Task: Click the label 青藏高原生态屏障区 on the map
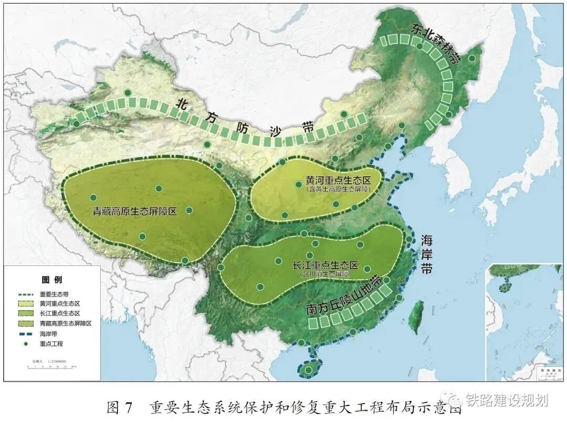(134, 212)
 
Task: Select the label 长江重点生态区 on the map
(325, 265)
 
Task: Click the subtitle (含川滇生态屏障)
(325, 274)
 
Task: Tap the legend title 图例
(52, 279)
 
